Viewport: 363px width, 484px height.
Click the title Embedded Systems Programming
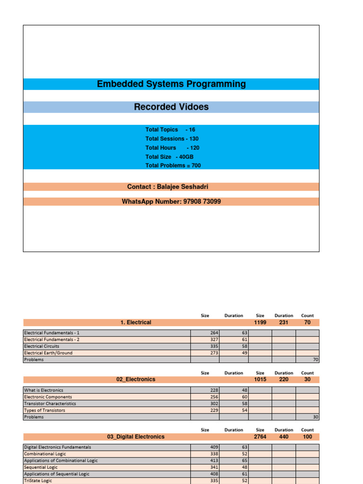171,84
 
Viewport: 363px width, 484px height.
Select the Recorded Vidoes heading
171,107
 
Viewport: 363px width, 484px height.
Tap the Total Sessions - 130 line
172,138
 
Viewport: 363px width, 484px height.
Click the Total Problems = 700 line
173,165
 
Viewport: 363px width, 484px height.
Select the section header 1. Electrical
136,322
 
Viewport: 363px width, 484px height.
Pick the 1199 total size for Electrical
260,322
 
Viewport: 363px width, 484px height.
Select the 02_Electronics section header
136,379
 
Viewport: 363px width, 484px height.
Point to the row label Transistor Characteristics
50,404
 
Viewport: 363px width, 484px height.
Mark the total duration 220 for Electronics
284,379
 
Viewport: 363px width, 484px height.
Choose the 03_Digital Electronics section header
136,437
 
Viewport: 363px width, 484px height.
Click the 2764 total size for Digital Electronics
260,437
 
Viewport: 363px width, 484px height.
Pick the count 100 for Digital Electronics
307,437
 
